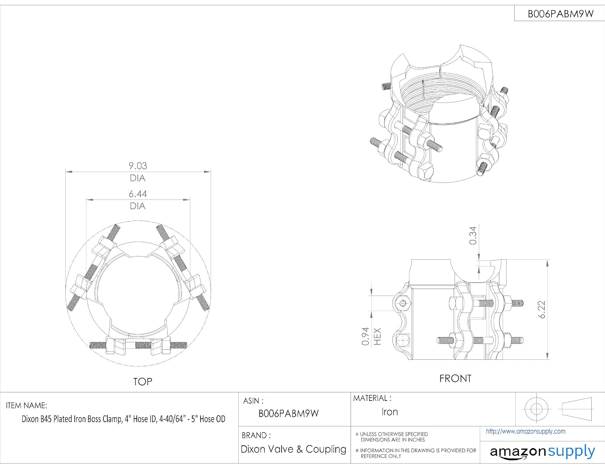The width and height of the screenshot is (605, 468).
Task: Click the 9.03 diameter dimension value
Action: pyautogui.click(x=138, y=166)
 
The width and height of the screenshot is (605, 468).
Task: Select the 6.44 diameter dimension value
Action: pyautogui.click(x=138, y=194)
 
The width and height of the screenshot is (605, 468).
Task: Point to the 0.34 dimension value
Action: pyautogui.click(x=473, y=235)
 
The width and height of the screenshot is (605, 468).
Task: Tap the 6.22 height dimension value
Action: pyautogui.click(x=542, y=309)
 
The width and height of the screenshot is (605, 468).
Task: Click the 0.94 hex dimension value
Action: pyautogui.click(x=365, y=336)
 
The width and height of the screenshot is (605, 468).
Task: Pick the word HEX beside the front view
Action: pyautogui.click(x=377, y=336)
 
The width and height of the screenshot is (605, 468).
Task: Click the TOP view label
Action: pyautogui.click(x=142, y=382)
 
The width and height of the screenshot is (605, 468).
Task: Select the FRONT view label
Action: pyautogui.click(x=455, y=378)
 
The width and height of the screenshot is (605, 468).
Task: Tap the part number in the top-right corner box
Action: pyautogui.click(x=561, y=14)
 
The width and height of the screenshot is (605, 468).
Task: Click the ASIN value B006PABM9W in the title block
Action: pyautogui.click(x=288, y=413)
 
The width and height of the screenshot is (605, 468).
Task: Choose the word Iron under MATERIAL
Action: pyautogui.click(x=390, y=412)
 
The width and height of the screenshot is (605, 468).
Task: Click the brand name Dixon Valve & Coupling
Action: pyautogui.click(x=294, y=449)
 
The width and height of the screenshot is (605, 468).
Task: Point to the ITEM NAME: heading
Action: pyautogui.click(x=27, y=405)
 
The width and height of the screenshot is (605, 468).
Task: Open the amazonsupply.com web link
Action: pyautogui.click(x=526, y=432)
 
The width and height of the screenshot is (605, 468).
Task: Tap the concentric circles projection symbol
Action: pyautogui.click(x=536, y=409)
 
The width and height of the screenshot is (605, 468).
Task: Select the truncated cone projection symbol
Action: pyautogui.click(x=577, y=409)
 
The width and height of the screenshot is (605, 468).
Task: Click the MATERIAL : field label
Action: pyautogui.click(x=372, y=398)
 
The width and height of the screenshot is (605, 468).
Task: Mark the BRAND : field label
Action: pyautogui.click(x=256, y=435)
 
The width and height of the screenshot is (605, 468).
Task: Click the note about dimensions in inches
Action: pyautogui.click(x=392, y=437)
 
